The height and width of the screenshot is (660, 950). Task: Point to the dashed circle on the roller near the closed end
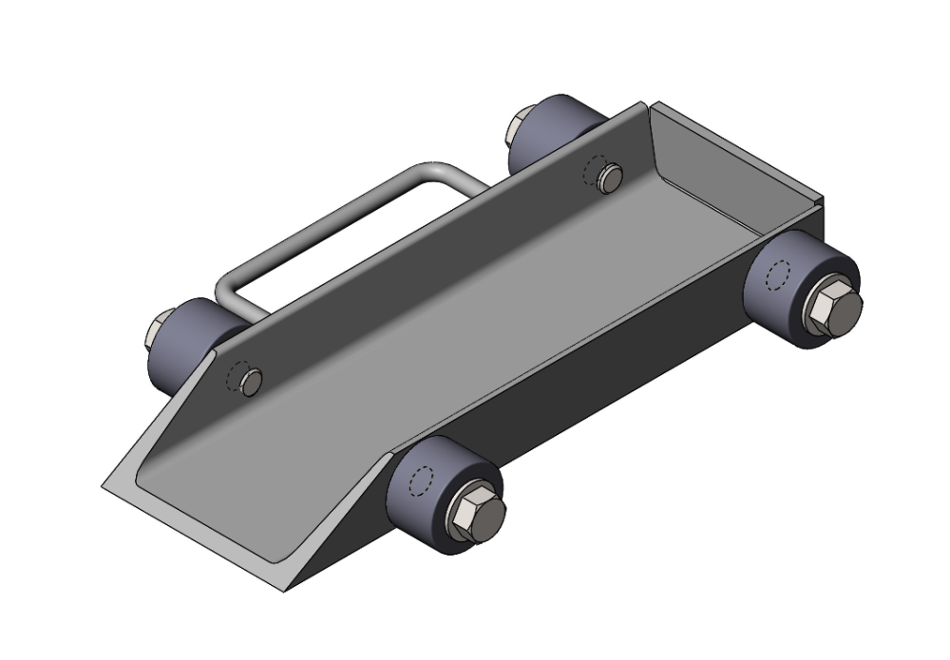click(x=776, y=276)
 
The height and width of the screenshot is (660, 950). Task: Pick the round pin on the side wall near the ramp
click(x=251, y=383)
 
